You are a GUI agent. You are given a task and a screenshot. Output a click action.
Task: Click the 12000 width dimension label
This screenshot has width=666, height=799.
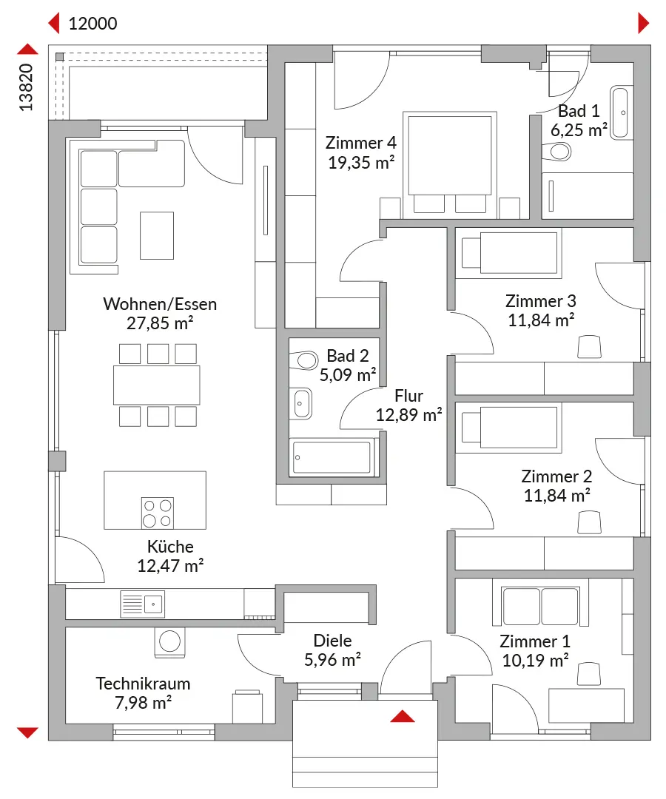point(92,24)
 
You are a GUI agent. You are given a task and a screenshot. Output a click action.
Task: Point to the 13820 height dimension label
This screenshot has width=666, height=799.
point(26,87)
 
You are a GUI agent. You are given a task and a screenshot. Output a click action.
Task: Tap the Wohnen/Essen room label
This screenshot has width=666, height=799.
point(160,304)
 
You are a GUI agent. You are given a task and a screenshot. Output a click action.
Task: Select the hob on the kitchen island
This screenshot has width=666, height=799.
point(158,513)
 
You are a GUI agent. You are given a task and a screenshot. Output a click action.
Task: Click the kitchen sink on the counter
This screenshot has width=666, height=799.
point(143,604)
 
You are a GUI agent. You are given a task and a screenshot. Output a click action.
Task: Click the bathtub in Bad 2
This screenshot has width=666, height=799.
point(332,458)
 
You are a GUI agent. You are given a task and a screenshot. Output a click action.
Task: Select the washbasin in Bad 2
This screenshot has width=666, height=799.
point(302,404)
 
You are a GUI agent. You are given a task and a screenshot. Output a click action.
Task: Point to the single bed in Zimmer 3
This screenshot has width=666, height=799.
point(508,253)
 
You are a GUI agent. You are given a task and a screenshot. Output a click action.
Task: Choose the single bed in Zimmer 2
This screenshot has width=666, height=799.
point(508,428)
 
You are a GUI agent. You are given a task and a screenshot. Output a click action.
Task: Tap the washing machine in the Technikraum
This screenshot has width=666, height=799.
point(169,641)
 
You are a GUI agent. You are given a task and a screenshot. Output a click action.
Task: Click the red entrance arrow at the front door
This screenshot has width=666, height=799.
point(403,716)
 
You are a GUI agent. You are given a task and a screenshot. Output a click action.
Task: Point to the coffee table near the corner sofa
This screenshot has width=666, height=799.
point(157,236)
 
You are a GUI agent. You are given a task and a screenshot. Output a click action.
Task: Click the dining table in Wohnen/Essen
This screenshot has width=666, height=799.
point(157,385)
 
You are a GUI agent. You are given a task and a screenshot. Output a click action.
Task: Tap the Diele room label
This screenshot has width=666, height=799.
point(332,641)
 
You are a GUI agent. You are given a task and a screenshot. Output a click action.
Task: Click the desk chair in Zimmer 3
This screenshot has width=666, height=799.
point(590,346)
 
